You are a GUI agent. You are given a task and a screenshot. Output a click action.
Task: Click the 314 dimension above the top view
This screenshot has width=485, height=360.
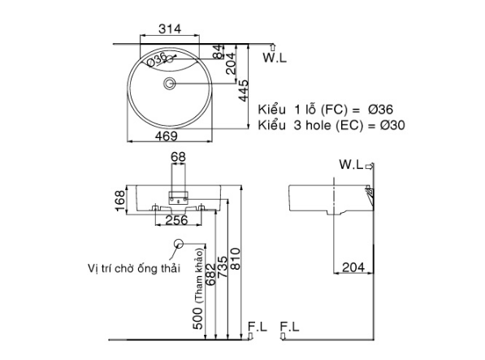tap(168, 28)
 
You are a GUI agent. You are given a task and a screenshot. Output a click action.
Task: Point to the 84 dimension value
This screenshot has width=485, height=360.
tap(218, 51)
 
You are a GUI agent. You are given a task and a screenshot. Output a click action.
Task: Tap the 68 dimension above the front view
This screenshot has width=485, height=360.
tap(178, 157)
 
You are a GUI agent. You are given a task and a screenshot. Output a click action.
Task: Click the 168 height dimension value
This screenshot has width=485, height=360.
tap(121, 200)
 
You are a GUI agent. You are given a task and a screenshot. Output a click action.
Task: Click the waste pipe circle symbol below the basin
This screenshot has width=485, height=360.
tap(179, 245)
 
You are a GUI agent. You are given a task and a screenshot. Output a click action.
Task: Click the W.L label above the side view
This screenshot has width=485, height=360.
tap(351, 165)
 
